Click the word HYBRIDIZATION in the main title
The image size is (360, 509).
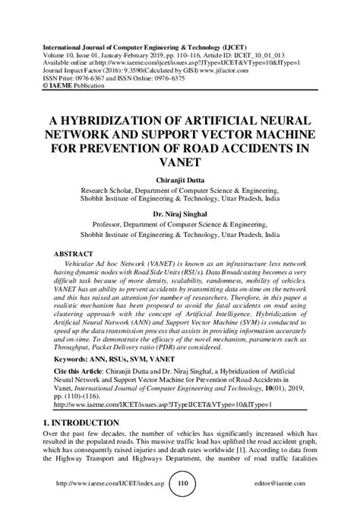click(115, 122)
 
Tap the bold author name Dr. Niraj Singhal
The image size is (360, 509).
click(180, 214)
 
